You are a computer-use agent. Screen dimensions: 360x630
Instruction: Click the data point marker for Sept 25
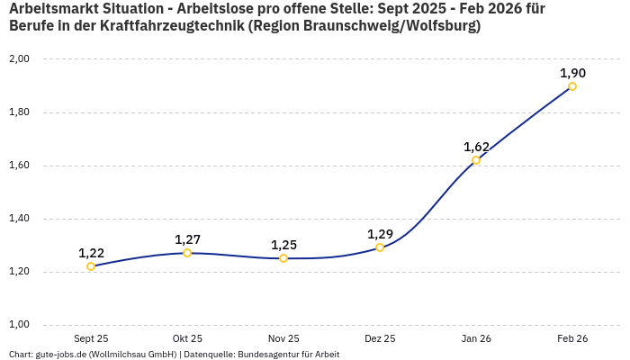91,266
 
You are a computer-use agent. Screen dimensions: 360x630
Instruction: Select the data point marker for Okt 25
187,253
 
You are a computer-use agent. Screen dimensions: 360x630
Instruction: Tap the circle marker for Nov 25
283,258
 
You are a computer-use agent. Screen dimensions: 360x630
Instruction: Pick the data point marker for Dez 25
380,247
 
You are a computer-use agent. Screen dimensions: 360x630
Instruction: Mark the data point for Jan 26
476,160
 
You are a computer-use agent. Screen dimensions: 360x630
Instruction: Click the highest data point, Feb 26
572,86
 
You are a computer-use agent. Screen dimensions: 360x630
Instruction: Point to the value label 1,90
572,73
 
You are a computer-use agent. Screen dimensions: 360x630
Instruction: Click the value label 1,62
476,147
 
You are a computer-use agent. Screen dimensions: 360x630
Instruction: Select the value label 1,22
91,253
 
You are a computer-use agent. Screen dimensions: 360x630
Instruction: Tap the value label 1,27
187,239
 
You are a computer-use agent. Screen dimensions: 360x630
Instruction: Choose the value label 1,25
283,245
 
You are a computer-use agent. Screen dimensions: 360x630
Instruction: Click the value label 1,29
380,234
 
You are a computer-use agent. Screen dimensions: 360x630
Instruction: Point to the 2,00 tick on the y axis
19,59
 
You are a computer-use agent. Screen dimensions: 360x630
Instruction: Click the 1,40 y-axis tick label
19,219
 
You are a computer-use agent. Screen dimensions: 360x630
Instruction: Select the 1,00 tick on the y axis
19,325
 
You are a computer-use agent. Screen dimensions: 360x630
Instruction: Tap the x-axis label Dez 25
380,339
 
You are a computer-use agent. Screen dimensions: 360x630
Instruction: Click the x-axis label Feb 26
572,339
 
